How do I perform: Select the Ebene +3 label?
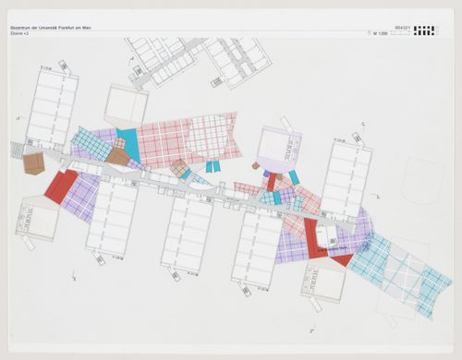19,34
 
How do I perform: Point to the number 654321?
401,28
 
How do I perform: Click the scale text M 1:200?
380,34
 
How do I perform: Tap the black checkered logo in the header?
424,30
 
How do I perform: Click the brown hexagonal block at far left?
34,163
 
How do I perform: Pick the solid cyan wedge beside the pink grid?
127,142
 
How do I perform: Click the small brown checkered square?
179,168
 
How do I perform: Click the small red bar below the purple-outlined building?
272,181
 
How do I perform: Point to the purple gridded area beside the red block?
81,196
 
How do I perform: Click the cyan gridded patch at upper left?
90,143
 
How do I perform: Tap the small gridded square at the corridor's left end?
17,150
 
